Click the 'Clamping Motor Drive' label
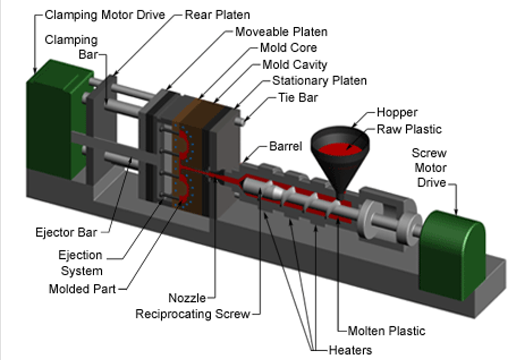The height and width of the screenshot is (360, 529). [105, 15]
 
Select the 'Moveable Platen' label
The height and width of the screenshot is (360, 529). [281, 31]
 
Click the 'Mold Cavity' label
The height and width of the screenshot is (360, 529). [294, 65]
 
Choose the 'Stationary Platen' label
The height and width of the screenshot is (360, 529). [319, 81]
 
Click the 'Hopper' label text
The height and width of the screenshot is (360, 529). [397, 112]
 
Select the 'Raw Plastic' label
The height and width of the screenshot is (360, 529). [409, 129]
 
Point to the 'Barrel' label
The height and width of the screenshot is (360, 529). [285, 146]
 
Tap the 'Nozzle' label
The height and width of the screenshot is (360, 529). [187, 298]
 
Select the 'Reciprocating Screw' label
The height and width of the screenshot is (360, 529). [193, 314]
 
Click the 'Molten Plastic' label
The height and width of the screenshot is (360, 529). [386, 331]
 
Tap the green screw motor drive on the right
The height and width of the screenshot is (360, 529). [454, 250]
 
